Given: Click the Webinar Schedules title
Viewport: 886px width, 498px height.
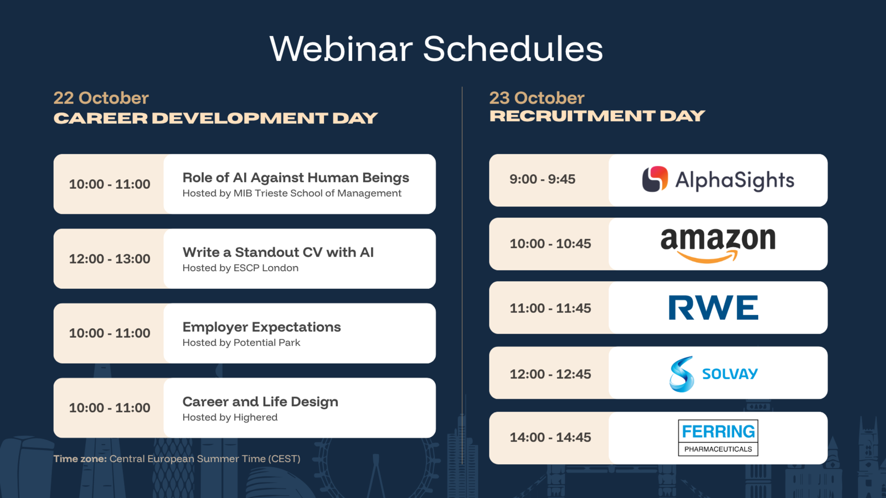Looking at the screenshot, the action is click(x=436, y=49).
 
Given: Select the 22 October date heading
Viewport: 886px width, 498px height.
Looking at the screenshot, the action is click(x=101, y=98).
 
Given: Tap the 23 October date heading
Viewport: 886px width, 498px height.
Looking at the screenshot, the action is click(x=537, y=98).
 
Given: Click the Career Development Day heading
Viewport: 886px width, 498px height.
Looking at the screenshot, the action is click(x=215, y=118).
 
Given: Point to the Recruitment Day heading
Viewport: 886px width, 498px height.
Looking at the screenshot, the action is click(x=597, y=116).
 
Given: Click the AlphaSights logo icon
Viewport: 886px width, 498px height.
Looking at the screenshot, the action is click(x=655, y=179).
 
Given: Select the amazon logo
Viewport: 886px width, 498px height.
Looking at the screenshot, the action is click(x=718, y=245).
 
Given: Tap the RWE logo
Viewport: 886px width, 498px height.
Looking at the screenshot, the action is click(x=714, y=308).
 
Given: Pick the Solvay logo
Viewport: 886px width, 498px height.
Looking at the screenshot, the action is click(x=714, y=374).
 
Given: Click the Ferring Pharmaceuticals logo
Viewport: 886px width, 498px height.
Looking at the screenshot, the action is click(x=718, y=438).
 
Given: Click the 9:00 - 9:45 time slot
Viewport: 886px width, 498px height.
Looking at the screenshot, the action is click(x=542, y=179).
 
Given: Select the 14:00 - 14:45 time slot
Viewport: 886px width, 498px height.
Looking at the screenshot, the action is click(x=550, y=438).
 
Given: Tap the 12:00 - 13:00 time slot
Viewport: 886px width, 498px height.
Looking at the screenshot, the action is click(x=110, y=259).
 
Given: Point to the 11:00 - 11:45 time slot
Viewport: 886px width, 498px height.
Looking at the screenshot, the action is click(x=550, y=308).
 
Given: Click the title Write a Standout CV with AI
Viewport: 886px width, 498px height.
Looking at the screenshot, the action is click(x=278, y=252).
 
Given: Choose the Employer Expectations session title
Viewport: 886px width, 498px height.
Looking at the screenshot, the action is click(x=261, y=327).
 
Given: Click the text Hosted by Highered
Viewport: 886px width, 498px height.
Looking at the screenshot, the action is click(x=230, y=417).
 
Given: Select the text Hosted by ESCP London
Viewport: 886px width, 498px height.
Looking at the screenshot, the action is click(x=240, y=268).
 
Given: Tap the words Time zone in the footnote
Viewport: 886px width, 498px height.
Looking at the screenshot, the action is click(x=80, y=459).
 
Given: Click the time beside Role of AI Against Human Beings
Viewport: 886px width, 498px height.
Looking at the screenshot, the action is click(x=110, y=184).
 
